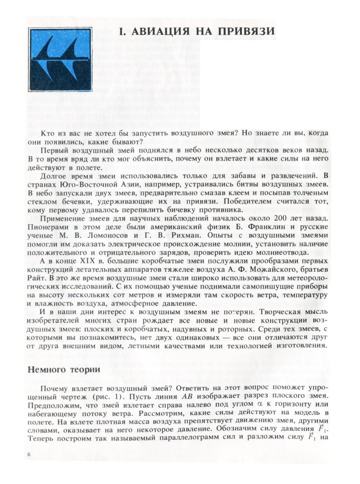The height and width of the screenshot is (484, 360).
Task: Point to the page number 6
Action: point(29,454)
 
